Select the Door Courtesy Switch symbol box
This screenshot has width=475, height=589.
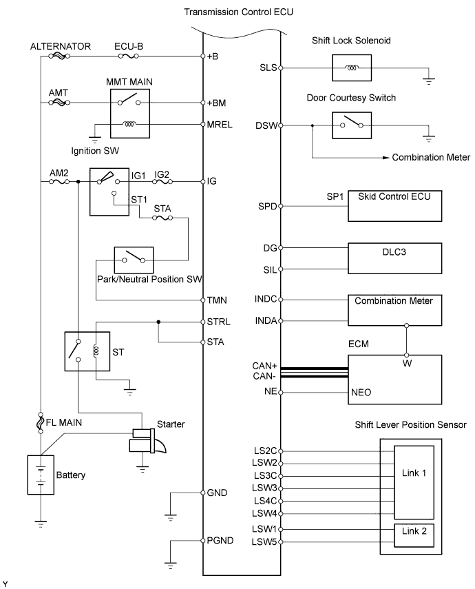click(352, 125)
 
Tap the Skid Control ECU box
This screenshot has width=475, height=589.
click(394, 205)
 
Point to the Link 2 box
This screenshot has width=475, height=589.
click(413, 535)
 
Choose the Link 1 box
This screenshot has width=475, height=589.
click(413, 482)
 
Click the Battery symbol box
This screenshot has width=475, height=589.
click(41, 475)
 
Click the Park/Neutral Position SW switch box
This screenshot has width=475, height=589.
click(134, 260)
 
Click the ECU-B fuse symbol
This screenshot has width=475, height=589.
click(128, 56)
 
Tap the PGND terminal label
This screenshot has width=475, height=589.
click(220, 540)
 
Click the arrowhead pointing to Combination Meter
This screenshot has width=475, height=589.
click(385, 158)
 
